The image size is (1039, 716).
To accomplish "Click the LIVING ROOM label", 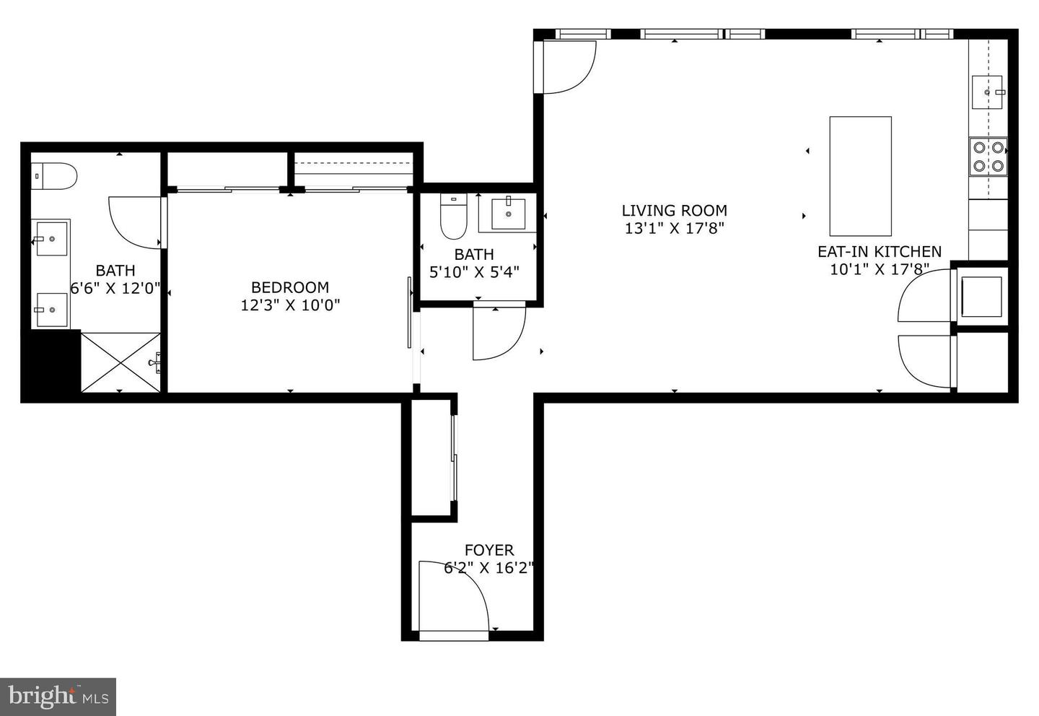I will tap(674, 211).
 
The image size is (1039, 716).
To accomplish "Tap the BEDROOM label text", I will tap(290, 287).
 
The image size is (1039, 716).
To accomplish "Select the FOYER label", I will tap(489, 551).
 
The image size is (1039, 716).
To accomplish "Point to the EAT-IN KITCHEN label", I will tap(879, 252).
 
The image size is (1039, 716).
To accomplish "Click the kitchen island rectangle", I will tap(860, 176).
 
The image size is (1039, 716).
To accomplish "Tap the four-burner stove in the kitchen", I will tap(988, 157).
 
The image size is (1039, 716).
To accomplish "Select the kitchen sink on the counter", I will tap(987, 92).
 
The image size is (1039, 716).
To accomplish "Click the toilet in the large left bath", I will tap(55, 176).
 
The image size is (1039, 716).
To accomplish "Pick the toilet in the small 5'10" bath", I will tap(454, 217).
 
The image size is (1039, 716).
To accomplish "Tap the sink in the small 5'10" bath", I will tap(508, 213).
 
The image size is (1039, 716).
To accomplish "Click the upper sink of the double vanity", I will tap(52, 238).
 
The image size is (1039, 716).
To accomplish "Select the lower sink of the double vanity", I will tap(52, 310).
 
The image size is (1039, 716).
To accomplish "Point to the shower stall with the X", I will tap(120, 362).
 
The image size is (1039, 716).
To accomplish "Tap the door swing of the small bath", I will tap(498, 332).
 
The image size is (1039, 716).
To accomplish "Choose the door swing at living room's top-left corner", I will tap(567, 66).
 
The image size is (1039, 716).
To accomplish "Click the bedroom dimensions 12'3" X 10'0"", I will tap(290, 305).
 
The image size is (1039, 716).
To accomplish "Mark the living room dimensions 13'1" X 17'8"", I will tap(674, 229).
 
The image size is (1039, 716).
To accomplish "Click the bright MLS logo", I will tap(58, 697).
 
